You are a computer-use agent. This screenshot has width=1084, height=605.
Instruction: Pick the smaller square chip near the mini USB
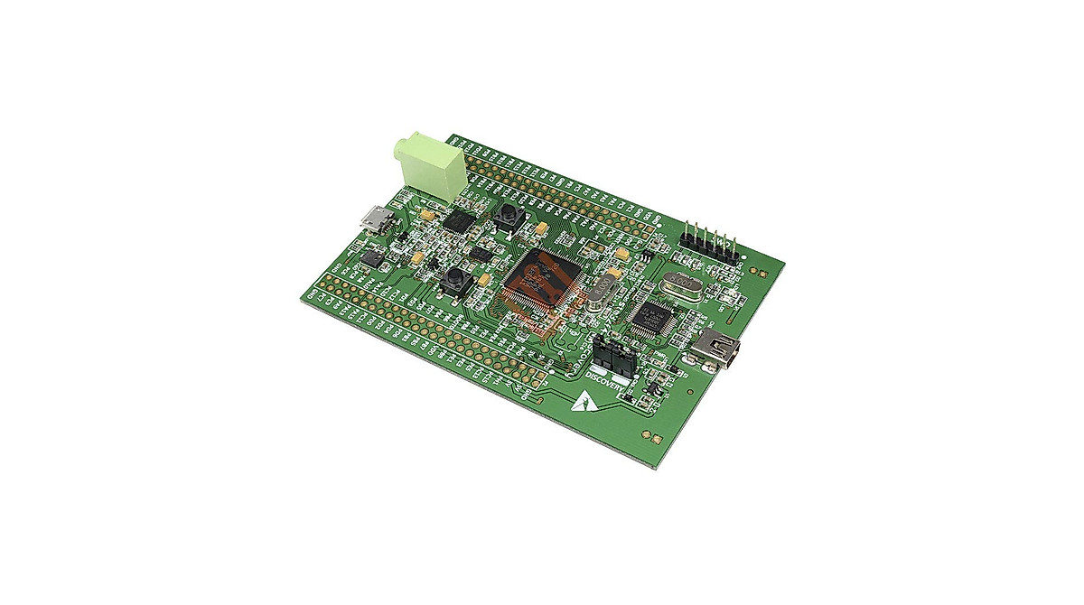point(652,318)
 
